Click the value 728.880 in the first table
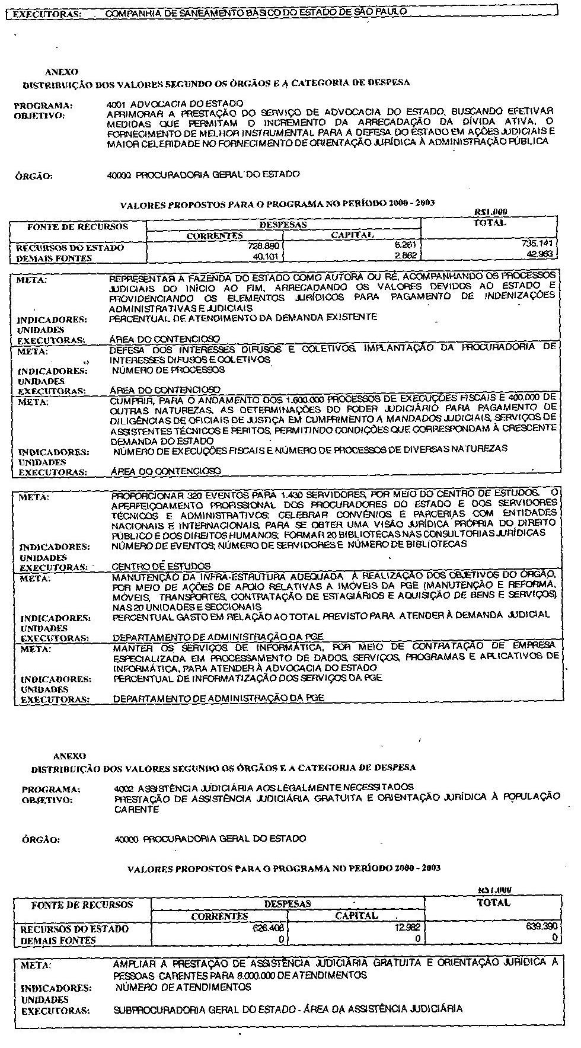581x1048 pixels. point(264,245)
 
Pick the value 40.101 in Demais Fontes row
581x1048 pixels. point(266,257)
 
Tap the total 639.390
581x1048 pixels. point(542,928)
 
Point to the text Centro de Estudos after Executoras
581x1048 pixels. point(161,567)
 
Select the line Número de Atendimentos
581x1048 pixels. point(183,988)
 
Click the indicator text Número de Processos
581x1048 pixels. point(168,370)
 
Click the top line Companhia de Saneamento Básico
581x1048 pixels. point(255,11)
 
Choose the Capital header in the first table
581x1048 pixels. point(352,235)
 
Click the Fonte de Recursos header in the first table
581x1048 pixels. point(78,226)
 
